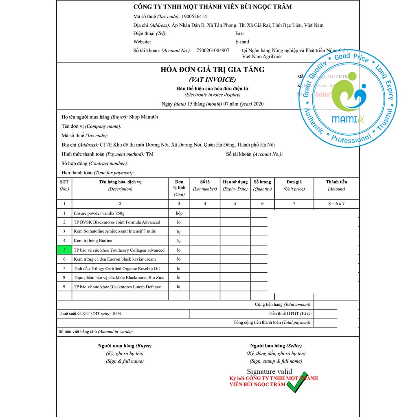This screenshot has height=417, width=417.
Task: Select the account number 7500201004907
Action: (213, 50)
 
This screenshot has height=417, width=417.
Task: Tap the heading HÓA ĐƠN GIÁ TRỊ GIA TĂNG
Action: (213, 70)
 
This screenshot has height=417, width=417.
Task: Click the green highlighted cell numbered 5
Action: (64, 250)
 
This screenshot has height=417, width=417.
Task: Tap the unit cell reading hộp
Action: (179, 213)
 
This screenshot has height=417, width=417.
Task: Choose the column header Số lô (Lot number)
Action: (205, 185)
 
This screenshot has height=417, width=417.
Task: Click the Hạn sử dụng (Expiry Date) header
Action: (235, 185)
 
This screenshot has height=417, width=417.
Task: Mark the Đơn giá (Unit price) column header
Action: (294, 185)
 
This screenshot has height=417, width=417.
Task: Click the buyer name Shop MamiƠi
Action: (143, 117)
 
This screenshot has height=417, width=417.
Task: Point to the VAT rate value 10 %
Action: (117, 314)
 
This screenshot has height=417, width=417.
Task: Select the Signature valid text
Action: (269, 371)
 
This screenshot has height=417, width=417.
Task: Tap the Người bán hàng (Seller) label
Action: (276, 346)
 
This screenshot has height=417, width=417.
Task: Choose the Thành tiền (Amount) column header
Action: (336, 185)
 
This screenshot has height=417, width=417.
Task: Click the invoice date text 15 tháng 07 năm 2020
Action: (226, 104)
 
